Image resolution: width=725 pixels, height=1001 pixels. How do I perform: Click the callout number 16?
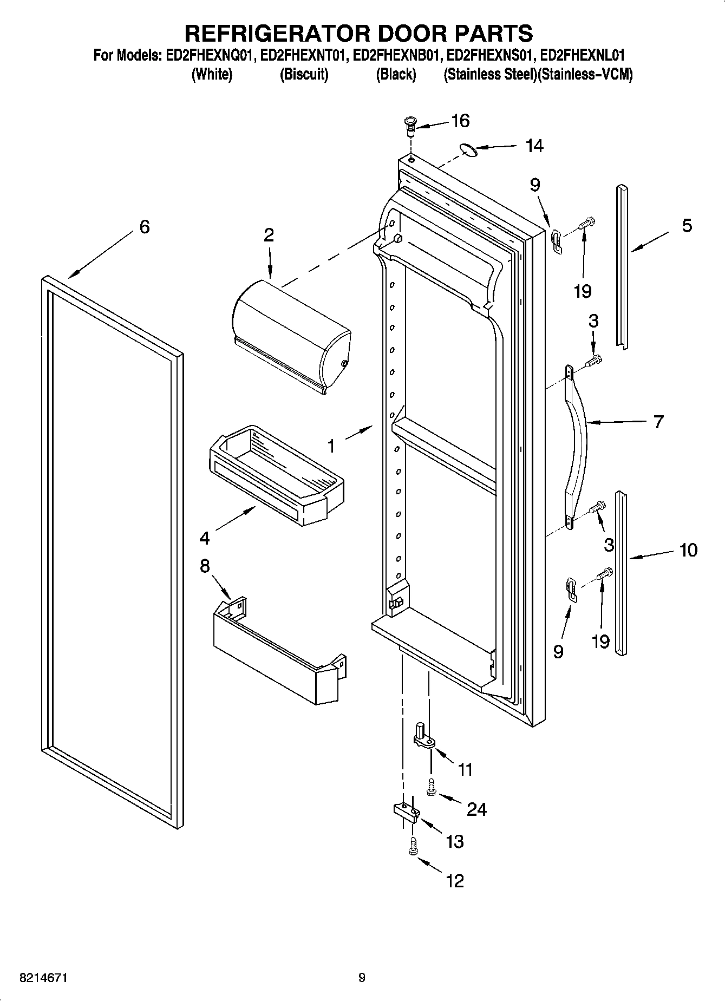point(460,121)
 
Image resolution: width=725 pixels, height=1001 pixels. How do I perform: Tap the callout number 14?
point(534,146)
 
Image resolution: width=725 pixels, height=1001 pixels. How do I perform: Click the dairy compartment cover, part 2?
point(290,337)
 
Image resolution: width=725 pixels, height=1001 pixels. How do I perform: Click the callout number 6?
point(144,227)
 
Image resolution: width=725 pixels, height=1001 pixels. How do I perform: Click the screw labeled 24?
point(432,787)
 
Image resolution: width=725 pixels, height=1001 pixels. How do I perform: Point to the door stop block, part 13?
point(406,812)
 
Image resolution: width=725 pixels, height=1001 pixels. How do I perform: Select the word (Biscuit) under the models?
point(304,75)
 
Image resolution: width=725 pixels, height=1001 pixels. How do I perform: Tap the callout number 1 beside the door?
point(331,446)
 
